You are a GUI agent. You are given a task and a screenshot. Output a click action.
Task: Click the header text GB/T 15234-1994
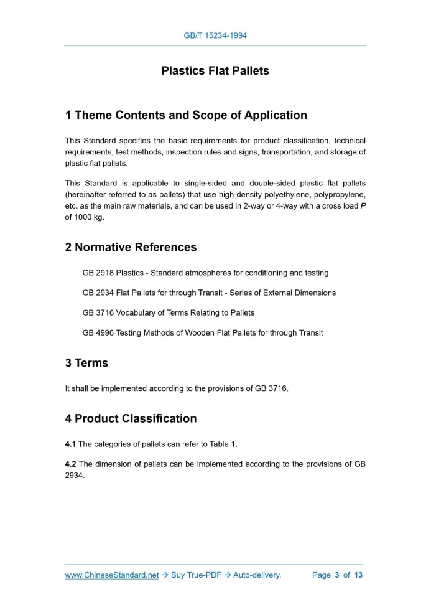[x=215, y=35]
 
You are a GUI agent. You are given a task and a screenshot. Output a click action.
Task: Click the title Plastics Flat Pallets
[x=215, y=71]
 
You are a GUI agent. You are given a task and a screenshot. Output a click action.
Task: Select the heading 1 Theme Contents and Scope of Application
[x=186, y=115]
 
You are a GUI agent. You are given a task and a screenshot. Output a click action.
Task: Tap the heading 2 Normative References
[x=131, y=247]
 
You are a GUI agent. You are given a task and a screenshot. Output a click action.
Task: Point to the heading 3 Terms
[x=86, y=363]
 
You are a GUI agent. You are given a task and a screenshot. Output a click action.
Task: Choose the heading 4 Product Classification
[x=131, y=418]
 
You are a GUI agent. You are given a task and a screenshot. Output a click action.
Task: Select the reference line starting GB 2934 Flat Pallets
[x=209, y=293]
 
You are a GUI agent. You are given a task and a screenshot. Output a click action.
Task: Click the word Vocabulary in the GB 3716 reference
[x=136, y=312]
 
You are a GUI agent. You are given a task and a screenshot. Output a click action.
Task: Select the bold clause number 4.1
[x=70, y=444]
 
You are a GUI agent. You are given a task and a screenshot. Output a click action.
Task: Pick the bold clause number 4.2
[x=70, y=464]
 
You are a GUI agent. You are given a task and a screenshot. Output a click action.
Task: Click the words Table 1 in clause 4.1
[x=223, y=444]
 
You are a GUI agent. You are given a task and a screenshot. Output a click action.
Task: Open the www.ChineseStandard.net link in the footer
[x=112, y=575]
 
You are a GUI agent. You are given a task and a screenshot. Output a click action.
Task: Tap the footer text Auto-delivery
[x=257, y=575]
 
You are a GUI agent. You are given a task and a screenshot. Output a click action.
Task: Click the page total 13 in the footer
[x=358, y=575]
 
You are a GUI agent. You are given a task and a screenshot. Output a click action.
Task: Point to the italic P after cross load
[x=363, y=205]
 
